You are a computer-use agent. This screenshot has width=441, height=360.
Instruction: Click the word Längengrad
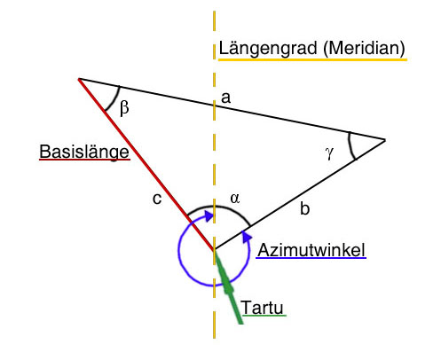tap(268, 50)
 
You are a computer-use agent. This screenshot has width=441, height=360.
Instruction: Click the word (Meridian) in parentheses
tap(364, 49)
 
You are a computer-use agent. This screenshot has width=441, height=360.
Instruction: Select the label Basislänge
tap(84, 152)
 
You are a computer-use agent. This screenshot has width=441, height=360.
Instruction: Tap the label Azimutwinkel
tap(311, 250)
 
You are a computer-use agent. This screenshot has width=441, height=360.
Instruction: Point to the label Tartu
tap(263, 308)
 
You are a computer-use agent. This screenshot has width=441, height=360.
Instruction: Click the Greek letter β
tap(124, 107)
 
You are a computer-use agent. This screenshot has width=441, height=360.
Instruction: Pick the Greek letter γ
tap(329, 153)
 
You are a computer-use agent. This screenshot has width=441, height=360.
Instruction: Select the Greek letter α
tap(235, 199)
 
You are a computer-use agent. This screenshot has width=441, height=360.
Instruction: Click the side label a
tap(225, 98)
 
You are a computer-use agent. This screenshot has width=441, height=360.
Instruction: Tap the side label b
tap(304, 208)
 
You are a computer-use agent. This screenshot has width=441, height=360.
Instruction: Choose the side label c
tap(157, 199)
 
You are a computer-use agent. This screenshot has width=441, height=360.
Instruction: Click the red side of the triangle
tap(146, 164)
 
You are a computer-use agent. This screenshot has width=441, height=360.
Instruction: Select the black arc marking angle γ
tap(350, 146)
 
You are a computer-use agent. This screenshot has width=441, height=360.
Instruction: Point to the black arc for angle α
tap(219, 207)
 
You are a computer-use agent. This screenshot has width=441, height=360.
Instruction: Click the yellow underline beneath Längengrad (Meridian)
tap(312, 59)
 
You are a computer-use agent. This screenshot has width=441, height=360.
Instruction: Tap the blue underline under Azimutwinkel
tap(311, 258)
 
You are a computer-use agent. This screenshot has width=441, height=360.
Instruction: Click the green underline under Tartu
tap(264, 316)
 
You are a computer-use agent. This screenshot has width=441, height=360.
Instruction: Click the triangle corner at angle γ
tap(385, 140)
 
